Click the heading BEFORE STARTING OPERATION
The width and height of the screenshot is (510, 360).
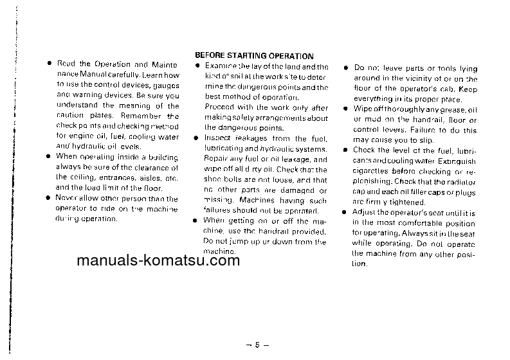[254, 57]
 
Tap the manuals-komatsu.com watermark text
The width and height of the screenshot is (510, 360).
[158, 261]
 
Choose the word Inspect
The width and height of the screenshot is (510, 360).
[217, 138]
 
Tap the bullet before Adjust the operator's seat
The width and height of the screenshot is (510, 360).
[345, 212]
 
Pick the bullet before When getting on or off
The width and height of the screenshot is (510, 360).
[197, 221]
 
